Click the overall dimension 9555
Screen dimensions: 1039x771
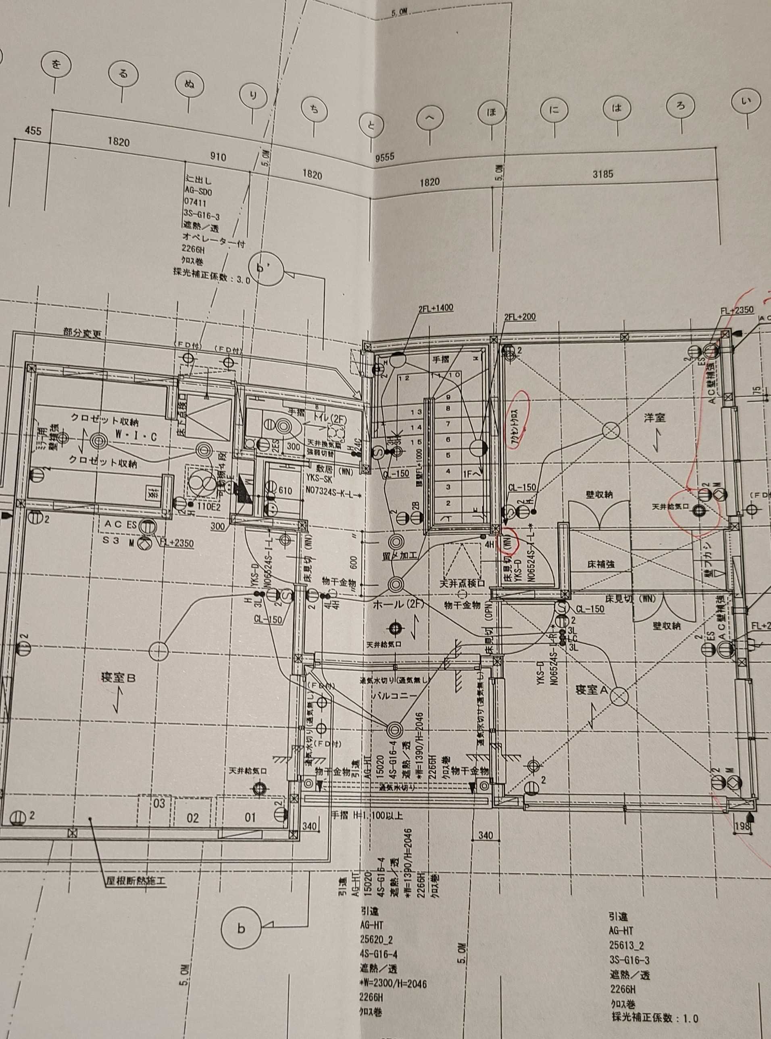385,157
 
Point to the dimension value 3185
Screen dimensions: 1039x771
602,174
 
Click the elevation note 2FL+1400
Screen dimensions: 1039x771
436,308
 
